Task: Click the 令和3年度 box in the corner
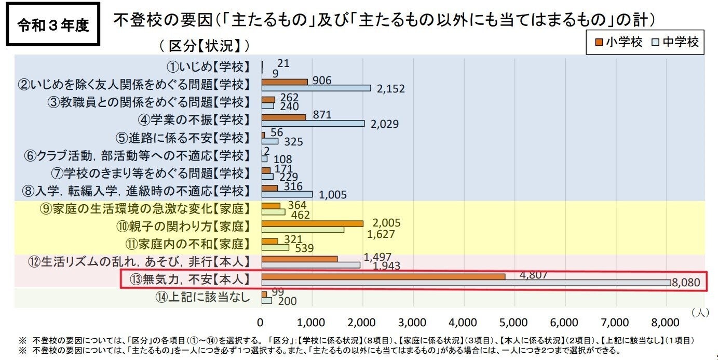(53, 25)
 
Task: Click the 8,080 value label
(689, 283)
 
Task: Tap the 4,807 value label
(533, 275)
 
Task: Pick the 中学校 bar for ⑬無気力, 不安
(466, 283)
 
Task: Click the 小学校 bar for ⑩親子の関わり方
(312, 223)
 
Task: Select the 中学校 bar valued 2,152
(316, 88)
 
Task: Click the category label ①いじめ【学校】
(208, 67)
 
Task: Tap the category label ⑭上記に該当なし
(202, 297)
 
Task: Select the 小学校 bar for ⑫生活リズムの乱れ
(300, 259)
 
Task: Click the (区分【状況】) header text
(205, 46)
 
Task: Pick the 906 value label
(322, 80)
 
